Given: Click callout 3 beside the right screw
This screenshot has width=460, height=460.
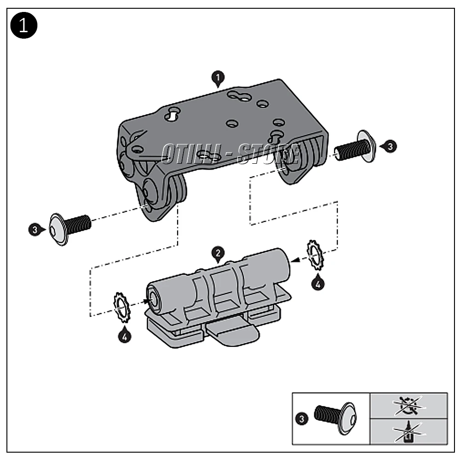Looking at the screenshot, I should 389,147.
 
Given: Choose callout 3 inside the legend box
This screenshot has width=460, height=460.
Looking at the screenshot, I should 301,419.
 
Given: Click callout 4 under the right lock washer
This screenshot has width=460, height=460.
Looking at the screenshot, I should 317,283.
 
